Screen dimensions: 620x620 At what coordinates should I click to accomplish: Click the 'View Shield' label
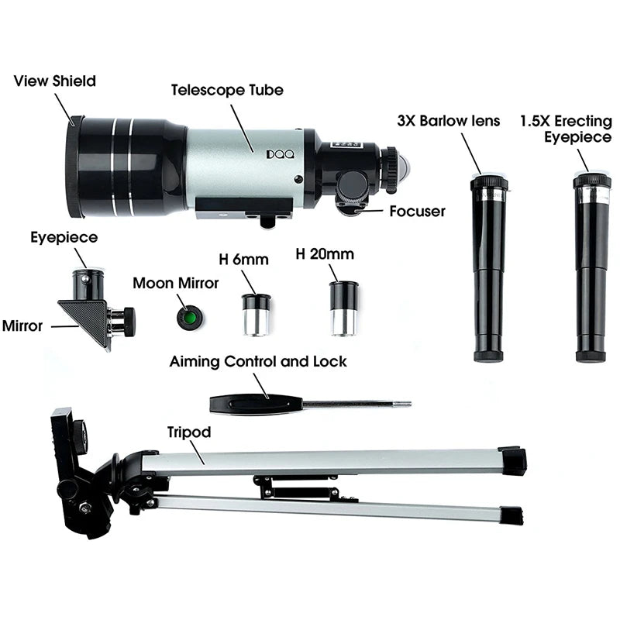click(x=55, y=81)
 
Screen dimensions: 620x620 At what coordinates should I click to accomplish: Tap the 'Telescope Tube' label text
click(x=227, y=89)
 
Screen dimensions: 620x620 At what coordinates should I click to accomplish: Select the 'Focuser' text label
click(x=417, y=212)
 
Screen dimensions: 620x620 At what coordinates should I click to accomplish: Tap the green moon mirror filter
click(x=187, y=319)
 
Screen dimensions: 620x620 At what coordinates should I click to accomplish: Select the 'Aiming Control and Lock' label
click(x=258, y=361)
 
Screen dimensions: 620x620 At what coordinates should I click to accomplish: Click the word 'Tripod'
click(x=188, y=432)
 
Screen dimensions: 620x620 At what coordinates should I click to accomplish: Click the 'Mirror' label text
click(x=22, y=326)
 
